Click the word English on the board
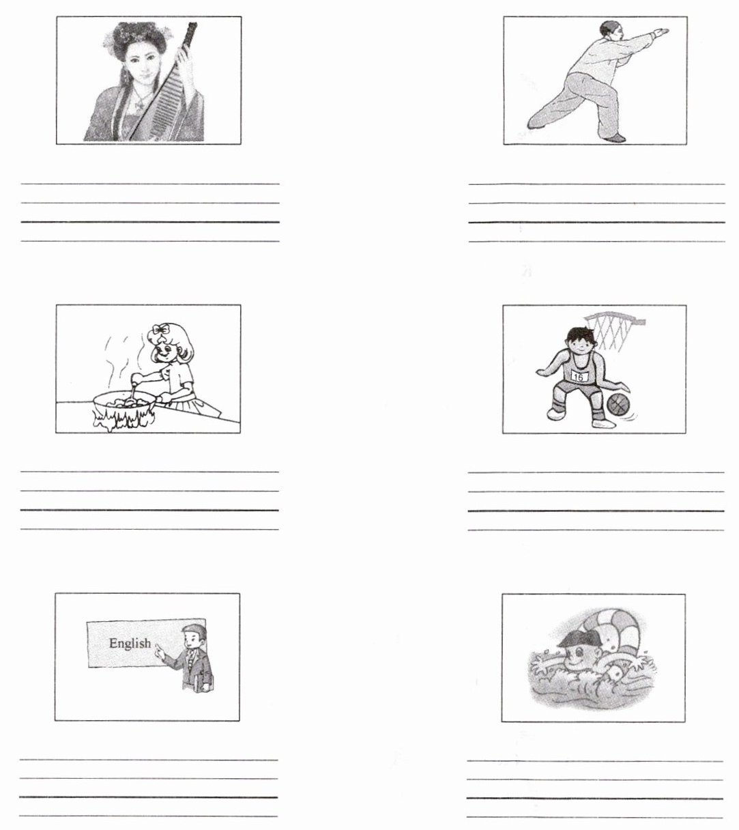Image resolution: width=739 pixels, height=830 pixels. [130, 643]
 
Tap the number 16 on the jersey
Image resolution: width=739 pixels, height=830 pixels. [579, 376]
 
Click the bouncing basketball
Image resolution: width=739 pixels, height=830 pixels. [618, 404]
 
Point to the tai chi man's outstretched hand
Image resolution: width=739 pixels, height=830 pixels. [661, 32]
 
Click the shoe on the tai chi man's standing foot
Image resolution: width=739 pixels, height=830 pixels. [613, 138]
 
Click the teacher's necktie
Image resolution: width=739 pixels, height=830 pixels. [190, 658]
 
